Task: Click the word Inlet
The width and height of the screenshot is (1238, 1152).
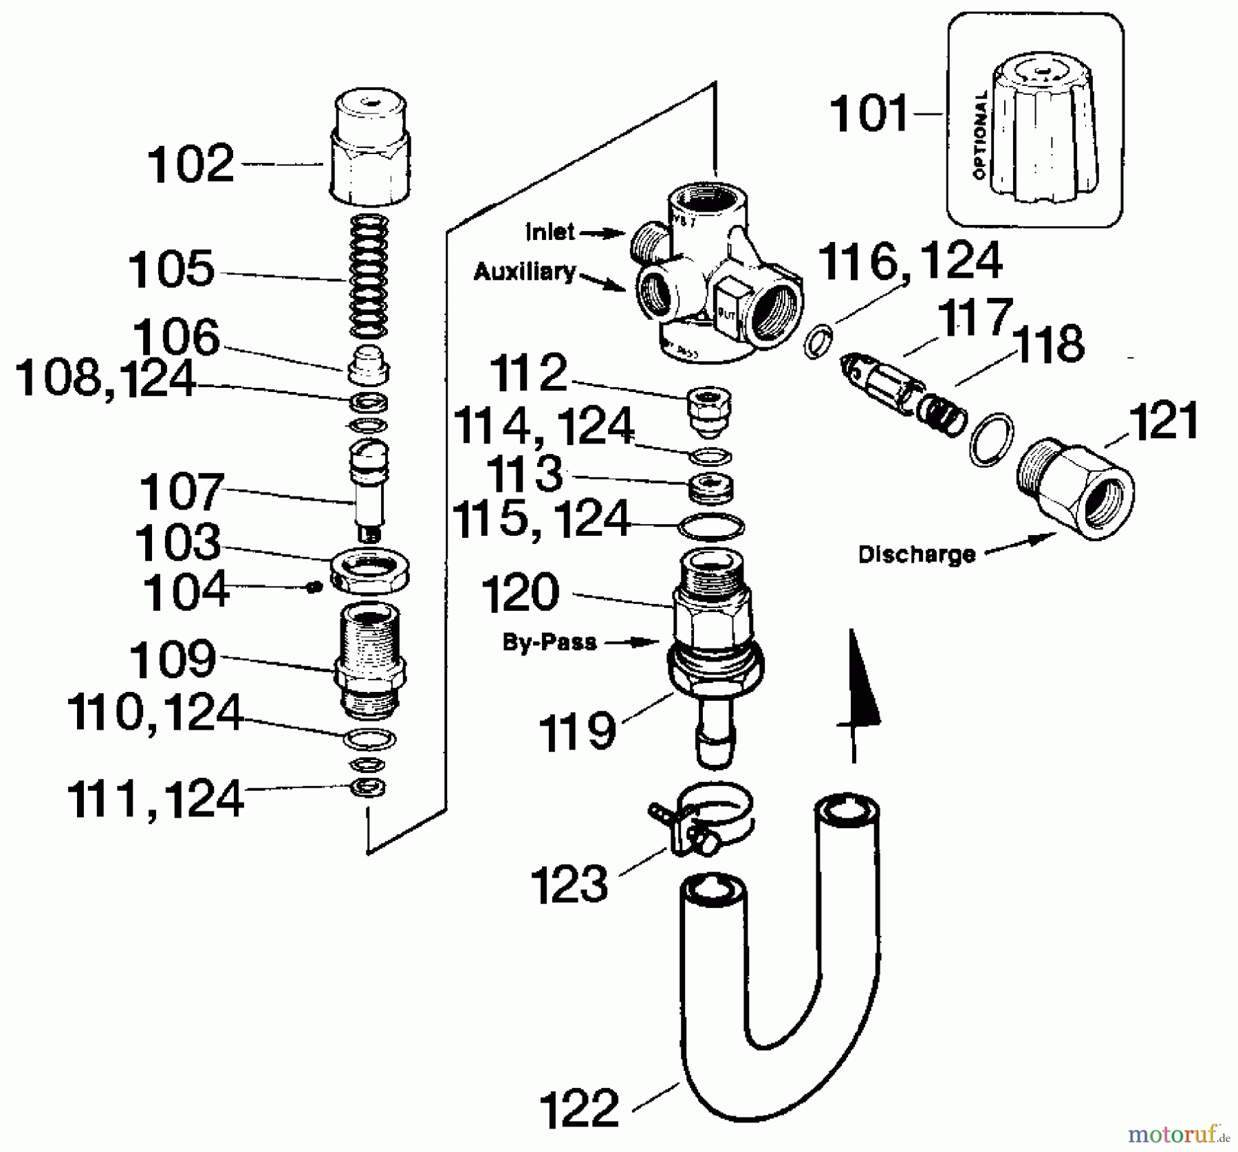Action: click(x=550, y=232)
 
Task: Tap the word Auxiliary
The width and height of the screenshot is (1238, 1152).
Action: click(x=524, y=272)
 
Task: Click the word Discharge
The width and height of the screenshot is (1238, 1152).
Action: click(x=916, y=554)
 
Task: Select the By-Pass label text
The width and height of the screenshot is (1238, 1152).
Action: click(x=549, y=642)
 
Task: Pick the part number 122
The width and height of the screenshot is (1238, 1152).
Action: click(x=579, y=1109)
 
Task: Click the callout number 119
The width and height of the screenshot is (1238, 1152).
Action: click(x=576, y=731)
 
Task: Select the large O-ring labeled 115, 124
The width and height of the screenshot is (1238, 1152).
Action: click(x=711, y=527)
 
